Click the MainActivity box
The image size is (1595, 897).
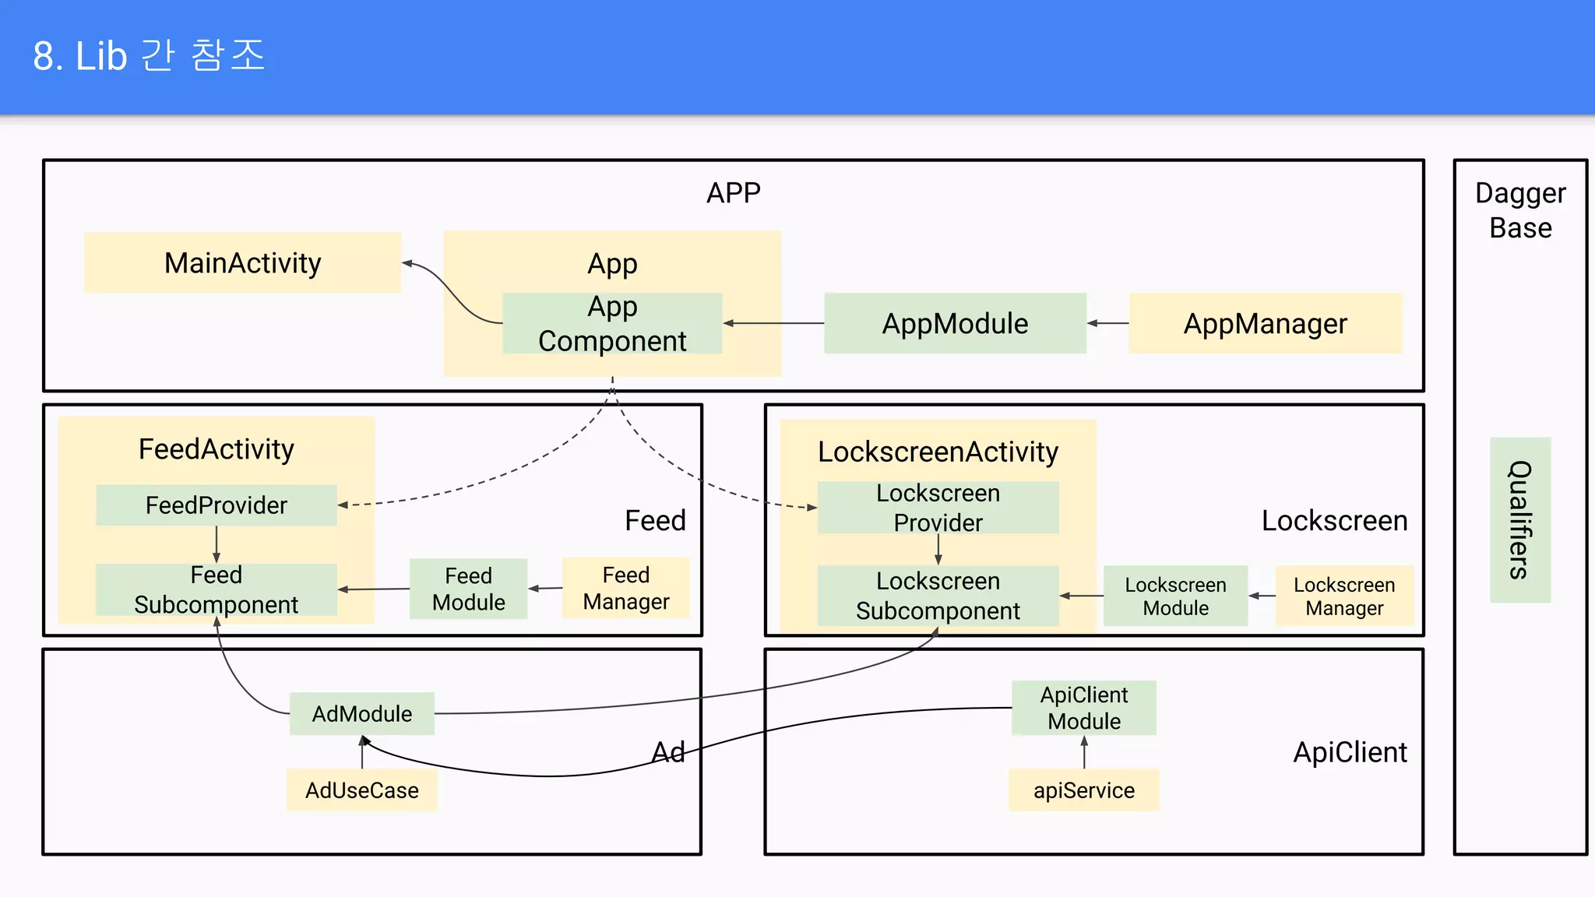(x=242, y=263)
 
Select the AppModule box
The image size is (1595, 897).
(x=955, y=323)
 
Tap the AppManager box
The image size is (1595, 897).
(x=1265, y=323)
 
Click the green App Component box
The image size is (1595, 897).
(x=612, y=324)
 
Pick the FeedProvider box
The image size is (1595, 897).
(x=217, y=505)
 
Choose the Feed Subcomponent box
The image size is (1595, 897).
(x=217, y=589)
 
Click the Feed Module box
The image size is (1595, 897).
(x=468, y=589)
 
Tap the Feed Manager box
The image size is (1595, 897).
(x=625, y=588)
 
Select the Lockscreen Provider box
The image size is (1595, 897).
(x=938, y=508)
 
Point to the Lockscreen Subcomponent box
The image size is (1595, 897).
(x=938, y=596)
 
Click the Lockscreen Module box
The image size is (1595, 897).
(x=1175, y=596)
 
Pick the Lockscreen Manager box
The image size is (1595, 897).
(x=1344, y=596)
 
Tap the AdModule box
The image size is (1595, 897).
(x=361, y=713)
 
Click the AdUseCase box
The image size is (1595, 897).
(x=361, y=790)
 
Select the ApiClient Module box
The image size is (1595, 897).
(x=1083, y=708)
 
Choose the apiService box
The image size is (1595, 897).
(x=1083, y=790)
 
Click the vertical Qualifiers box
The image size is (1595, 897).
(x=1520, y=519)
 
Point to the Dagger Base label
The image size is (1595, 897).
(x=1520, y=210)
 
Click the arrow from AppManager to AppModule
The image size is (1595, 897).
(x=1107, y=323)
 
